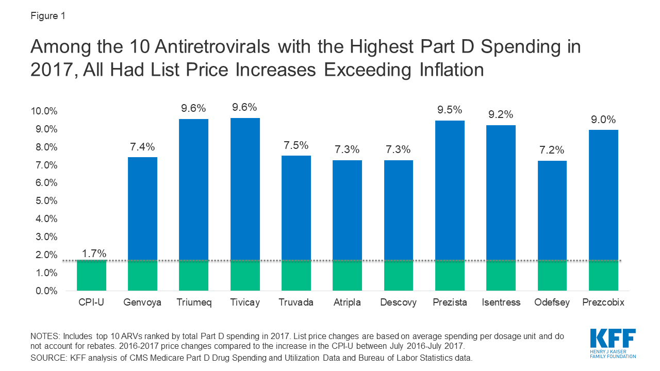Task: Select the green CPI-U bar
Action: [91, 275]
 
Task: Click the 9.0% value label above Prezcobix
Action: [603, 120]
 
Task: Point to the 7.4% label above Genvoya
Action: [142, 147]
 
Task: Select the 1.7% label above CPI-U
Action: [94, 253]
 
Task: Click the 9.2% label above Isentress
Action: [501, 115]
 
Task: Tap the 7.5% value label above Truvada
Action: [296, 145]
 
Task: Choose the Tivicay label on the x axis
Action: [244, 302]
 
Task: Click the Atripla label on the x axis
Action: [347, 302]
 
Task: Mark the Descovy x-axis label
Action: [398, 302]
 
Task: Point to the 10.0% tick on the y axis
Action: [45, 111]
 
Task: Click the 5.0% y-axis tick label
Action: [46, 201]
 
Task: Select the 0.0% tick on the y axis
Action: [46, 291]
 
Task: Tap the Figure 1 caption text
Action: [48, 15]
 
